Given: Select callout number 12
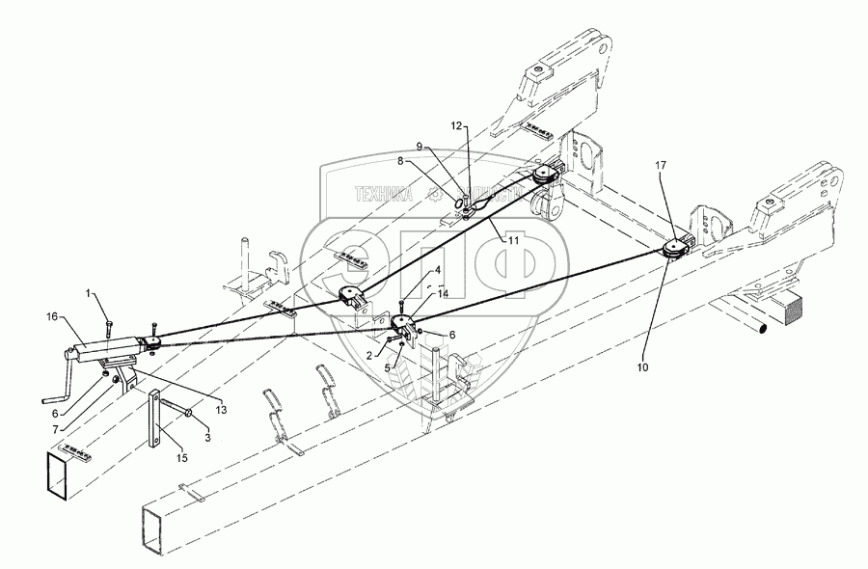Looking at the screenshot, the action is click(458, 126).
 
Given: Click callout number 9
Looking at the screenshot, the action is click(419, 147).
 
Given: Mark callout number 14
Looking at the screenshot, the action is click(443, 294).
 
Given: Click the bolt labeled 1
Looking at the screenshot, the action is click(111, 309).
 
